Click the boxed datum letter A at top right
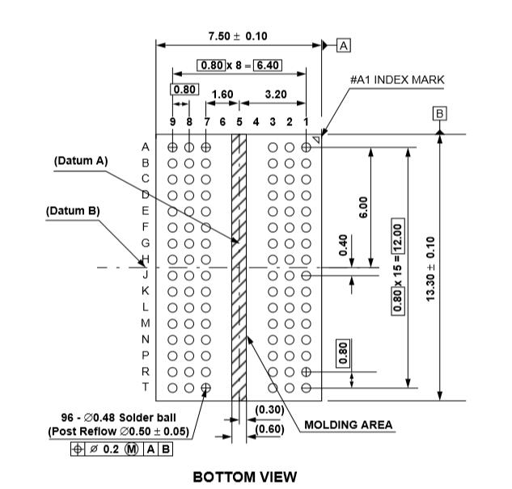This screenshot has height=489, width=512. (343, 46)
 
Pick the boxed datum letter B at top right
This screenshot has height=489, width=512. (440, 114)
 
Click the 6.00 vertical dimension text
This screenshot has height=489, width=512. (364, 209)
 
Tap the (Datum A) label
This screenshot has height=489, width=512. (81, 161)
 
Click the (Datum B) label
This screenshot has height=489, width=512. (73, 210)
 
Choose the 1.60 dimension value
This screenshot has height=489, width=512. (222, 95)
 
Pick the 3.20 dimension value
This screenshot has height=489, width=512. (274, 95)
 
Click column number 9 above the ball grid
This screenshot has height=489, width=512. (172, 121)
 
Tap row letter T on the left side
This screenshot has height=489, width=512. (146, 386)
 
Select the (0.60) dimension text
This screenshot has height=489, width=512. (269, 428)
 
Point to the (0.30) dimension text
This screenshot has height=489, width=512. (269, 410)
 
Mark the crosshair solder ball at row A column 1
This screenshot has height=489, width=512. (306, 147)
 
